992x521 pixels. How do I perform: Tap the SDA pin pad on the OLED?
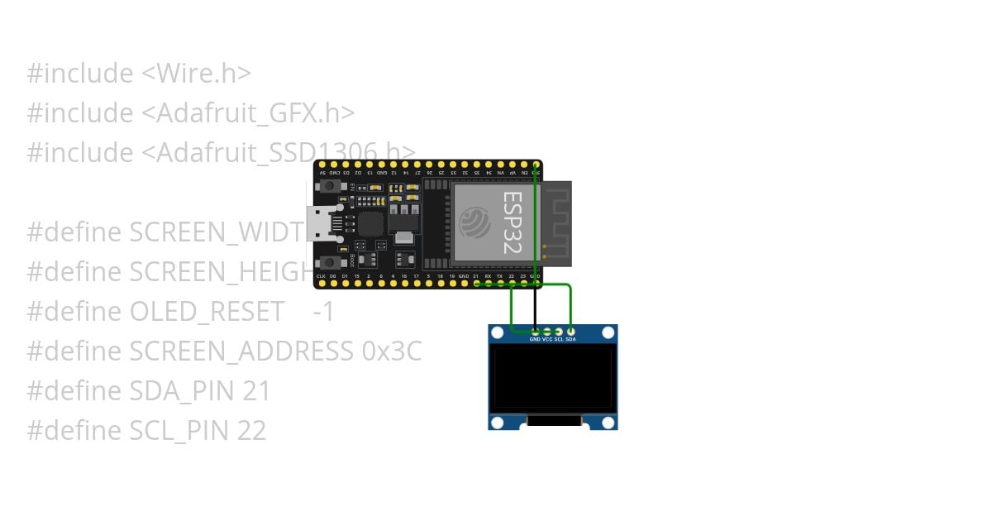pyautogui.click(x=570, y=331)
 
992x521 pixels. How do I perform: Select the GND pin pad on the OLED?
pyautogui.click(x=535, y=331)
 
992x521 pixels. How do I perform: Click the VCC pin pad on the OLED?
pyautogui.click(x=547, y=331)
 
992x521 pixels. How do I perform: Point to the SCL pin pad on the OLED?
pyautogui.click(x=559, y=331)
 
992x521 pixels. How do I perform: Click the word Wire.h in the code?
pyautogui.click(x=196, y=74)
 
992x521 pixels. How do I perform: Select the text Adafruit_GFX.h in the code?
pyautogui.click(x=255, y=113)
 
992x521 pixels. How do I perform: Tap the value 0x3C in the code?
pyautogui.click(x=392, y=351)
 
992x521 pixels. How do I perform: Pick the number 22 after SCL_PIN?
pyautogui.click(x=252, y=431)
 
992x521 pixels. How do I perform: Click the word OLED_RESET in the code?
pyautogui.click(x=207, y=312)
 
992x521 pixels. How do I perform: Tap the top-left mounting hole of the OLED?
pyautogui.click(x=497, y=333)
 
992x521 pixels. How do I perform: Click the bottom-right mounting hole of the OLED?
pyautogui.click(x=608, y=423)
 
